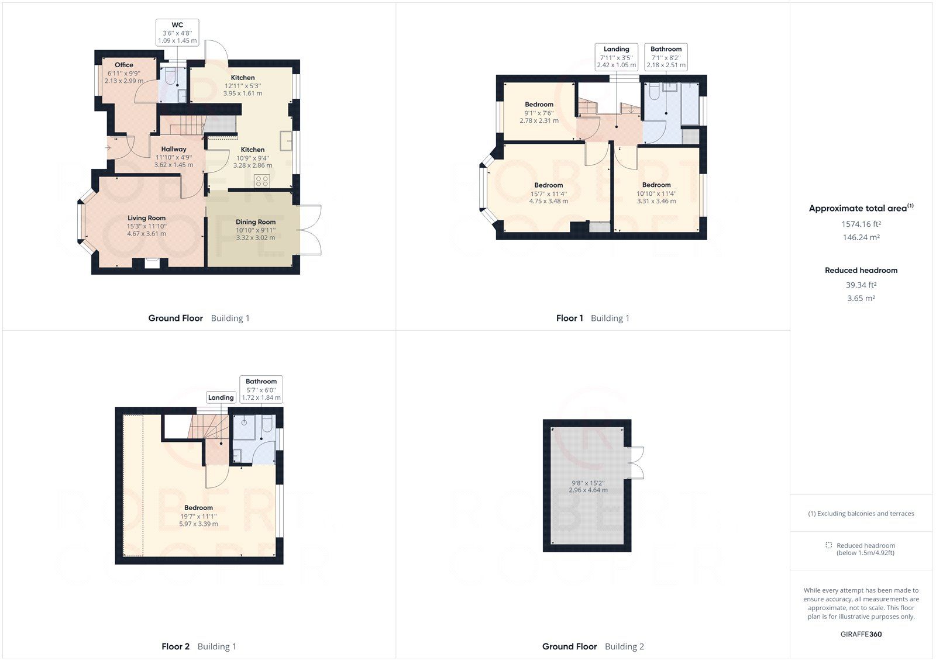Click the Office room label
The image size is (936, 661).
click(123, 65)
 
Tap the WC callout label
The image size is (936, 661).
click(177, 25)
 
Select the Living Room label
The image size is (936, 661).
click(146, 218)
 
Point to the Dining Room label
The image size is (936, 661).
click(255, 222)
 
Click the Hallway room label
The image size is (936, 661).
click(173, 149)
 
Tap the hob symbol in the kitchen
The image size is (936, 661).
click(262, 181)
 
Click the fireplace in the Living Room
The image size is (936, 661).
click(152, 263)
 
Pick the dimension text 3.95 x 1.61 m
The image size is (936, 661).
click(242, 94)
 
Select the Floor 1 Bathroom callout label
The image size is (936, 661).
click(666, 49)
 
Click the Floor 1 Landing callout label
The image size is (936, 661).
click(617, 49)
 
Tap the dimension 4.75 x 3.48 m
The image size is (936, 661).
click(548, 201)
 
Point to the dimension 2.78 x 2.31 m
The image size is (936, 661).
click(539, 120)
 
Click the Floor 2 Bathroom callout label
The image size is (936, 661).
click(261, 381)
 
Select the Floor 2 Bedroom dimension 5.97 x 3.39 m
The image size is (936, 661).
click(198, 524)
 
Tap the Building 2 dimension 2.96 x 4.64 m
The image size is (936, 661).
click(588, 490)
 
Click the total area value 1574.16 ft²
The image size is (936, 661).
click(861, 224)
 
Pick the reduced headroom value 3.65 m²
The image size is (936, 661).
click(861, 298)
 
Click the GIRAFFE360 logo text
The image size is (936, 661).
click(861, 634)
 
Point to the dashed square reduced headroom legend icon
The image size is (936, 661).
click(828, 545)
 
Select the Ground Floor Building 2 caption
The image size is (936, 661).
click(593, 646)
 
